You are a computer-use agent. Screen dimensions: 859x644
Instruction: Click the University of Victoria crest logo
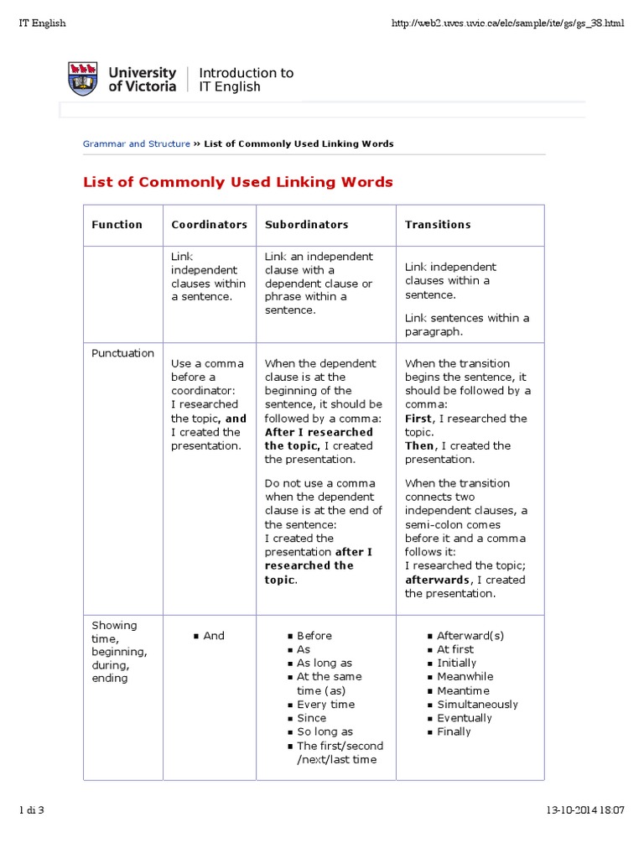(x=81, y=79)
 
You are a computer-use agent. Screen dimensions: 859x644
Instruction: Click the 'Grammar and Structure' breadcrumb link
(x=136, y=144)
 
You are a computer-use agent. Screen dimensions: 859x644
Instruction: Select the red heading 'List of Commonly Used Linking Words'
(x=237, y=182)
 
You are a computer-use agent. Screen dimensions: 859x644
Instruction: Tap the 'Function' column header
(x=117, y=225)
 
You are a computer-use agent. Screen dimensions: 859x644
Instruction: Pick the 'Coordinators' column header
(x=209, y=225)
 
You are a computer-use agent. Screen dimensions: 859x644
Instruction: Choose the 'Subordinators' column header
(x=306, y=225)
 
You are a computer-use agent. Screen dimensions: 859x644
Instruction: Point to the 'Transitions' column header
(x=438, y=225)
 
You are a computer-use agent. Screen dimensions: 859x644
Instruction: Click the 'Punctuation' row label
(x=122, y=353)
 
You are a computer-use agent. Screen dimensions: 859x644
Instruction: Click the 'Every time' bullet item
(x=325, y=705)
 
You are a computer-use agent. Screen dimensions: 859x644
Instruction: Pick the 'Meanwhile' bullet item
(x=465, y=677)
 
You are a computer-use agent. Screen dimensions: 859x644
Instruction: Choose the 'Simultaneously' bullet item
(x=477, y=705)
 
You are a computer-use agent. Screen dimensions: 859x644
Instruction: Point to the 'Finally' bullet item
(x=454, y=732)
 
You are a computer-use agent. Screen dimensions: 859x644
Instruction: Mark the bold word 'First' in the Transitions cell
(x=418, y=419)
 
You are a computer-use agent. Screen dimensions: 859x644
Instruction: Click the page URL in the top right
(x=508, y=23)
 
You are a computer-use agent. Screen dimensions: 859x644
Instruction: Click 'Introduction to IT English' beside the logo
(x=246, y=80)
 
